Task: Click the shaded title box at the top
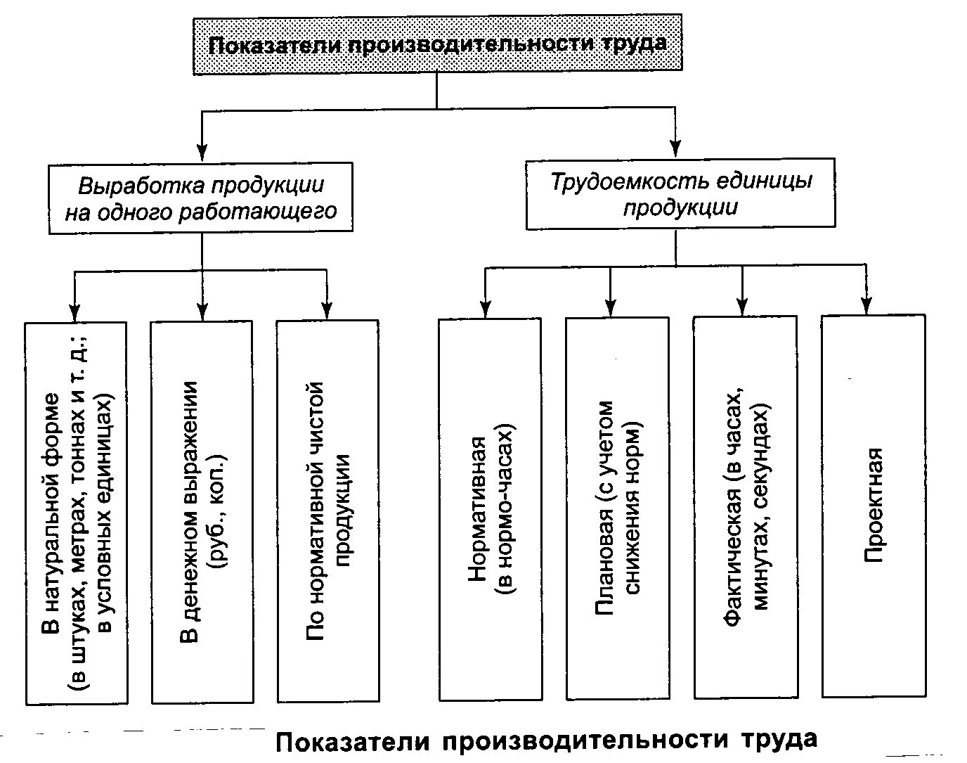pos(437,44)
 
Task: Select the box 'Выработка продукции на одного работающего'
pos(200,198)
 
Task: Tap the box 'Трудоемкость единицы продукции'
pos(680,193)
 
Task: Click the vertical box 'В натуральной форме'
pos(76,513)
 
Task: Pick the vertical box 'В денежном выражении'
pos(202,511)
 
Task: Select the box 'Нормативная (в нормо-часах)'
pos(490,509)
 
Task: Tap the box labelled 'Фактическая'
pos(745,506)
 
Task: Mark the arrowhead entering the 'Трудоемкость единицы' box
pos(675,148)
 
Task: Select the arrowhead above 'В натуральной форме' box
pos(73,312)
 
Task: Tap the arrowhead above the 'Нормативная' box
pos(484,309)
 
